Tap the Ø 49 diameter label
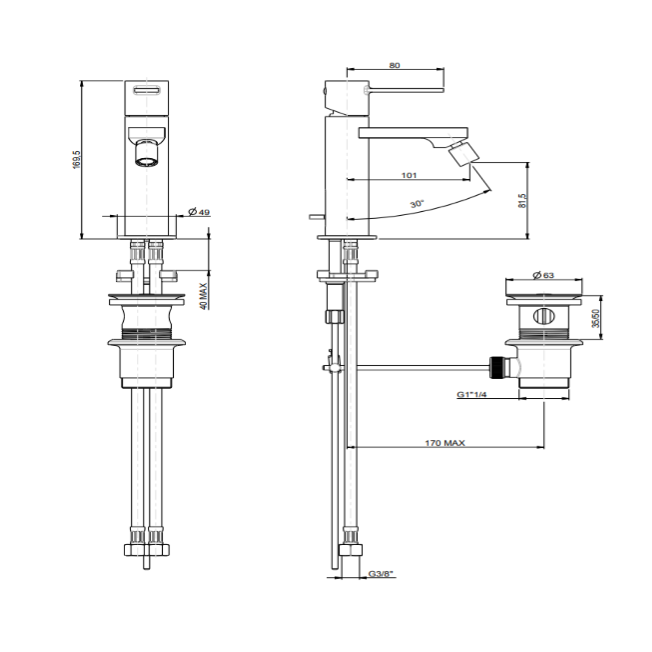pyautogui.click(x=199, y=212)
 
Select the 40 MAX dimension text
pyautogui.click(x=203, y=297)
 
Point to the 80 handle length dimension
pyautogui.click(x=394, y=65)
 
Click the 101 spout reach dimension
pyautogui.click(x=408, y=175)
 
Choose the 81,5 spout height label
pyautogui.click(x=522, y=201)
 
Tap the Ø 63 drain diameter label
pyautogui.click(x=543, y=275)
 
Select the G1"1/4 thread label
pyautogui.click(x=471, y=394)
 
